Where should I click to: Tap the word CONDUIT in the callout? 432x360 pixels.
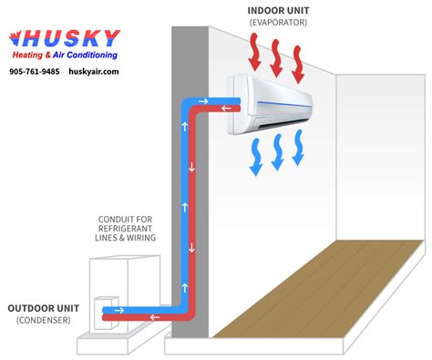click(x=119, y=219)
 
